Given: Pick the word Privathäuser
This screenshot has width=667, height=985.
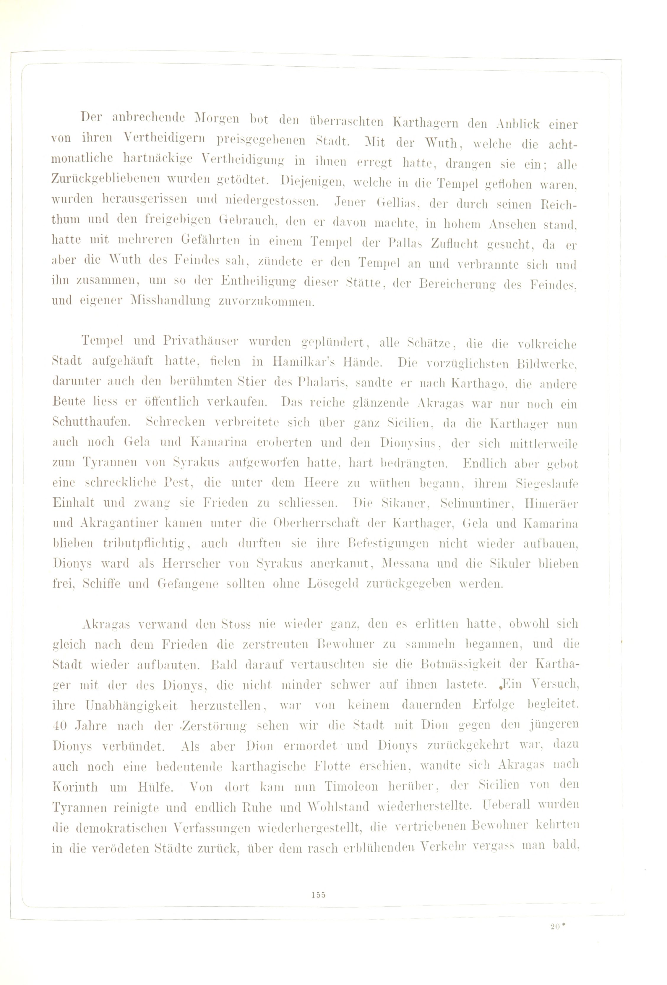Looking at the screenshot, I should click(x=195, y=341).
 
